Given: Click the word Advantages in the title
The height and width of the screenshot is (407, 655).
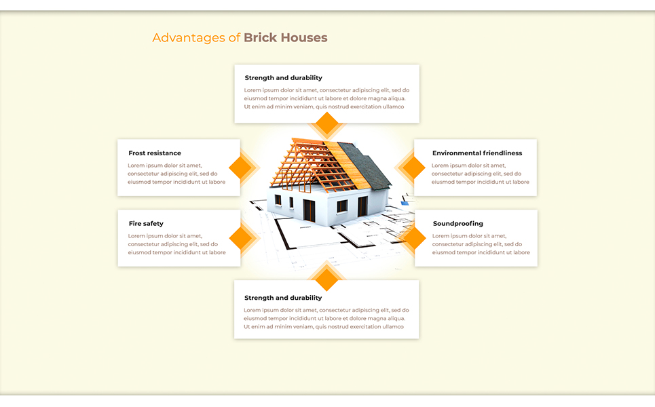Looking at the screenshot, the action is coord(189,38).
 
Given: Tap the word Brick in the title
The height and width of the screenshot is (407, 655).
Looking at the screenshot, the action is coord(260,37).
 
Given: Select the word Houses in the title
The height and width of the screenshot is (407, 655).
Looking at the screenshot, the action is coord(303,37).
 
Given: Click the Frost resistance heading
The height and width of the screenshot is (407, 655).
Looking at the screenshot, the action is coord(155,153).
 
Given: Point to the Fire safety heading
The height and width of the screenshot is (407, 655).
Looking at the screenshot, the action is coord(146,224).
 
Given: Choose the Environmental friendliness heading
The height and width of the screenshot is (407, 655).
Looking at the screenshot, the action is coord(477,153).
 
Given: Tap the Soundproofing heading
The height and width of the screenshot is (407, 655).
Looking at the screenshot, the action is coord(458,224).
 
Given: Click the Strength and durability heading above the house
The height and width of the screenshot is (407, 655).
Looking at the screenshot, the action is coord(283,78).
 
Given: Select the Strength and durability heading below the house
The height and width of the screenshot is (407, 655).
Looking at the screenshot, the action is coord(283,298).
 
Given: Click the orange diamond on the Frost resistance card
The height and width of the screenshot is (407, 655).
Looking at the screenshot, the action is coord(240,168).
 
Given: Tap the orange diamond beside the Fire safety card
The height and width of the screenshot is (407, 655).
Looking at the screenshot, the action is coord(240,238).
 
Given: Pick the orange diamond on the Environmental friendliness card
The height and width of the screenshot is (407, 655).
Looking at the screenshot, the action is coord(413,168).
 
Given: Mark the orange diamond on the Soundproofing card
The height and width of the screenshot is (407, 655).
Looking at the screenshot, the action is coord(413,238).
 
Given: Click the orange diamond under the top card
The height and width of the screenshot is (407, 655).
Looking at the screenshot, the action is coord(326,123).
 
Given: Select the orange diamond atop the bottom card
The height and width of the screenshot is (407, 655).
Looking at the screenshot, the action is coord(326,279).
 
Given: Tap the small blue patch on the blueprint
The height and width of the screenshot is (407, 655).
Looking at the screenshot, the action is coord(405,203).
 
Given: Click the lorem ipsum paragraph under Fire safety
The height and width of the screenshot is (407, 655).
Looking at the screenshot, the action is coord(176,244).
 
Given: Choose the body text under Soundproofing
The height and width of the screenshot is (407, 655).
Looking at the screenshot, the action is coord(481,244).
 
